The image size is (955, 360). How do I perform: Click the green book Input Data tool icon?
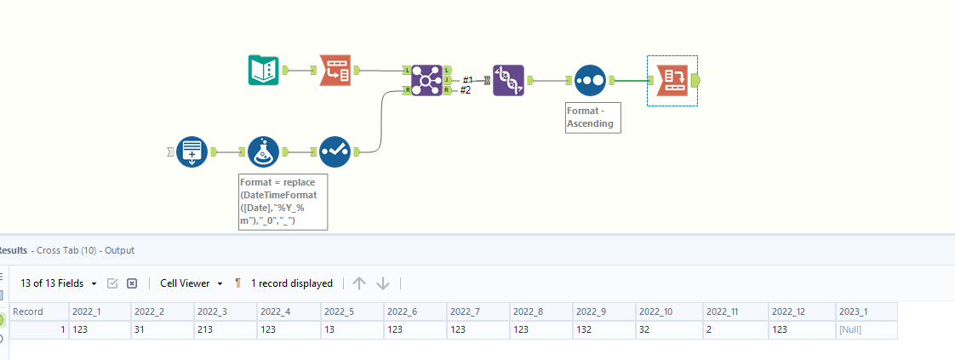(263, 70)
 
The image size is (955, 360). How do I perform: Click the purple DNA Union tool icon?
(508, 80)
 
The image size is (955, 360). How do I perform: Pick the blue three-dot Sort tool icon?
(589, 80)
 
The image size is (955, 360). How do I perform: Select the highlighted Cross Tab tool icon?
(672, 80)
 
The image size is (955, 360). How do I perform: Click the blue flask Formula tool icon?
(264, 151)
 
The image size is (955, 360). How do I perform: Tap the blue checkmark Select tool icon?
(335, 151)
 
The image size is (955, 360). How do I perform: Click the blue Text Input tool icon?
(192, 151)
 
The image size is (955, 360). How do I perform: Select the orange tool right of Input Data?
(335, 70)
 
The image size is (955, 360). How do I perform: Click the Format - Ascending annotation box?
(592, 117)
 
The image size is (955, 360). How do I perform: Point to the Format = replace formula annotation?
(282, 202)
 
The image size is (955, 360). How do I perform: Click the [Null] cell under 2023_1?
(851, 329)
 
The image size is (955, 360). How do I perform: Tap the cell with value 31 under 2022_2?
(140, 329)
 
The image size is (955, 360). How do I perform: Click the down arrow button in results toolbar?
(383, 283)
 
